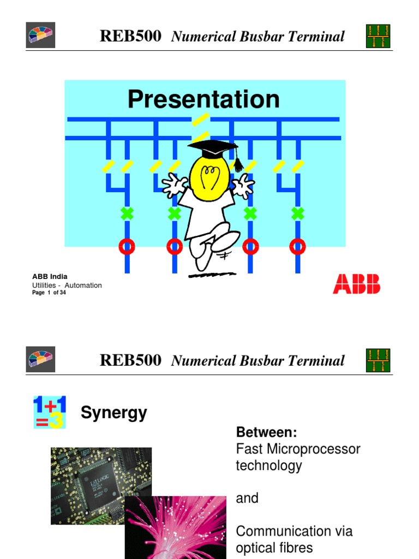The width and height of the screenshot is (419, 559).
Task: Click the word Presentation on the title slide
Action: click(x=203, y=99)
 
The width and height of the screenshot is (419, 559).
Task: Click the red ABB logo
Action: click(x=356, y=284)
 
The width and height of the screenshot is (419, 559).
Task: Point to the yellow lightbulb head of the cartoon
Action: click(x=209, y=174)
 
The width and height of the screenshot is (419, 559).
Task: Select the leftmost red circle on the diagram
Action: click(x=127, y=247)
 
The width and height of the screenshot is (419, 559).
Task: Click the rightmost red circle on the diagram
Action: click(x=297, y=247)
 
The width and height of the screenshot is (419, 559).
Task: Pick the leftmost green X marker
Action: click(x=127, y=213)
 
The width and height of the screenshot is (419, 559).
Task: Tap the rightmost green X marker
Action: click(x=297, y=213)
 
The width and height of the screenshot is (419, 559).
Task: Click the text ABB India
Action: click(x=50, y=277)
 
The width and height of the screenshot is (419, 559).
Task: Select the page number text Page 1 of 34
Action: click(x=49, y=293)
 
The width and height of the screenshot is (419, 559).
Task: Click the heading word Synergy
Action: click(x=113, y=413)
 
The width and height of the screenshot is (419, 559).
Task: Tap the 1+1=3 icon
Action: click(x=49, y=412)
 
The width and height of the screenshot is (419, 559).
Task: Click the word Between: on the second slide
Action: click(x=266, y=433)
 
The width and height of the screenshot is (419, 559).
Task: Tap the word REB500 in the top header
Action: click(x=130, y=37)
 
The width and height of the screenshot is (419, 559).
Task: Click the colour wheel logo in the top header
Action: click(x=40, y=37)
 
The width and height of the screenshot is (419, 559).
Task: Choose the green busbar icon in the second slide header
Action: click(x=378, y=361)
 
